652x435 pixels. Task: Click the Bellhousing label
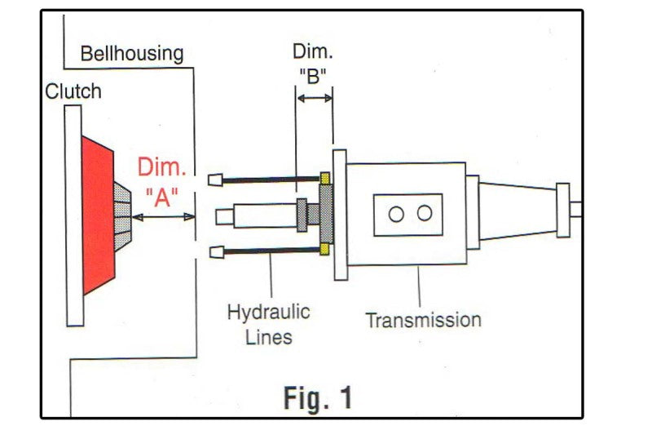point(132,54)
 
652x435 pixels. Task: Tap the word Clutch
point(73,91)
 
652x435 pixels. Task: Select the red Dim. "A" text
point(162,182)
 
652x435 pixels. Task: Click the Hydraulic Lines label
point(269,324)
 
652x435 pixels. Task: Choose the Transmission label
point(422,319)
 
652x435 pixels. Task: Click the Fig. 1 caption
point(318,398)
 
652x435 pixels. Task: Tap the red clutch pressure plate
point(99,215)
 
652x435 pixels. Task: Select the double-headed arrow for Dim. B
point(315,99)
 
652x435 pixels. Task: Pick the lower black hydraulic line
point(270,252)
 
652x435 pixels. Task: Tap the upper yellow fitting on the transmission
point(325,177)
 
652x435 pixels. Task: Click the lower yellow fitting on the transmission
point(325,248)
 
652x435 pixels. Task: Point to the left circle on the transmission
point(396,214)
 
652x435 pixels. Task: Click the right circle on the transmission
point(424,214)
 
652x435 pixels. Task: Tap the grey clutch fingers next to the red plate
point(123,214)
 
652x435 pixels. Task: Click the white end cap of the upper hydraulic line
point(216,180)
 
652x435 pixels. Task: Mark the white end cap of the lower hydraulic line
point(216,252)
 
